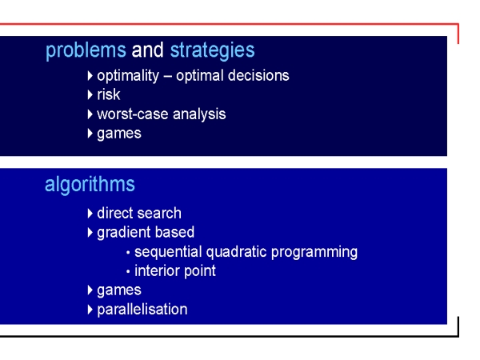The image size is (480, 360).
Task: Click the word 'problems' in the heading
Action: [86, 51]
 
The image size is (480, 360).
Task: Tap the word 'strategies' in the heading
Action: [212, 51]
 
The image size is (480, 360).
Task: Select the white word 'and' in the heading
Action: [147, 50]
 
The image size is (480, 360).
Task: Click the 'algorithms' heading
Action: [90, 185]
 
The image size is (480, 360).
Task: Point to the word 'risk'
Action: [108, 94]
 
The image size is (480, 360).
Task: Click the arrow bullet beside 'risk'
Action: [90, 94]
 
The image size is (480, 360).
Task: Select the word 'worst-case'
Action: [133, 114]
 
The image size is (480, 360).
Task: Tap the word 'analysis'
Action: [199, 114]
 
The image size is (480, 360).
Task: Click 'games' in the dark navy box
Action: [119, 134]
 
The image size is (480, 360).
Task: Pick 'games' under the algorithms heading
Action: [119, 290]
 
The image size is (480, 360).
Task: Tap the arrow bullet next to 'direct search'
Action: [90, 214]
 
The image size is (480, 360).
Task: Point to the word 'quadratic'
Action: [236, 252]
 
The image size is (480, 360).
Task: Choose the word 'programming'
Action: [314, 252]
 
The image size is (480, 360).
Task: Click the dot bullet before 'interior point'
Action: [128, 271]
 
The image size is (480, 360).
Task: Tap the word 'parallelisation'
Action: [142, 310]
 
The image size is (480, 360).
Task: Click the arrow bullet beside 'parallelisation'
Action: [90, 310]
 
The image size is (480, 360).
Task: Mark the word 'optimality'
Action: [128, 76]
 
